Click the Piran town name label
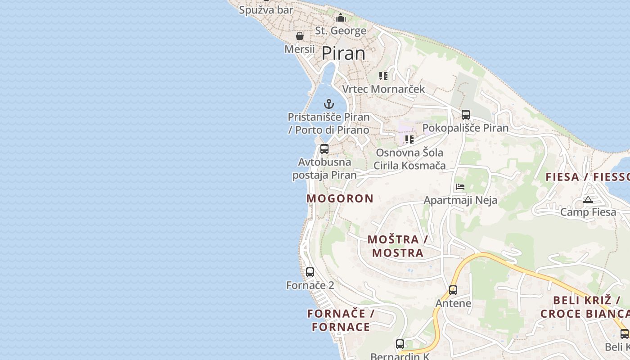[343, 54]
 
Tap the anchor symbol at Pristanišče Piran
[329, 104]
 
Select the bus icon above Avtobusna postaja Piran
[324, 148]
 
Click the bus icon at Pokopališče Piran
[466, 114]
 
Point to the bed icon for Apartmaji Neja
[460, 186]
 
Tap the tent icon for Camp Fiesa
[588, 199]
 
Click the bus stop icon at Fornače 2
[310, 272]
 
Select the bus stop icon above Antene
[453, 290]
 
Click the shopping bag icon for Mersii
[300, 36]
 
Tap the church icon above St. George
[341, 18]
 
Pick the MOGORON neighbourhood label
[340, 198]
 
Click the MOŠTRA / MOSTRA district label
[397, 246]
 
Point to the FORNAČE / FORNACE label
[341, 320]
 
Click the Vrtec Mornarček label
[383, 89]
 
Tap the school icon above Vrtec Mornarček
[383, 76]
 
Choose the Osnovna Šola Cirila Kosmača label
[409, 159]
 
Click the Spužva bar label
[266, 10]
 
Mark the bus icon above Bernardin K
[400, 344]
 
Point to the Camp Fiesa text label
[588, 212]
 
